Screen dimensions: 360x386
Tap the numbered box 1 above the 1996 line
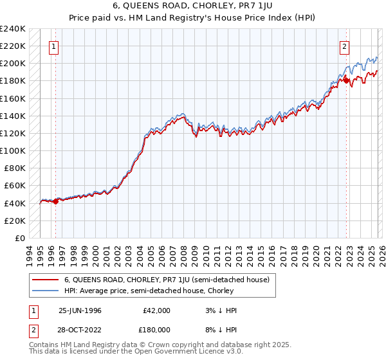coord(53,46)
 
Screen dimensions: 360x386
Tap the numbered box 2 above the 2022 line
coord(345,46)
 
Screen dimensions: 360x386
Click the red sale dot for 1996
coord(55,201)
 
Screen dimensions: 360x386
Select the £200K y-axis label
coord(13,63)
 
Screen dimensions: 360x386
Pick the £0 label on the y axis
coord(19,238)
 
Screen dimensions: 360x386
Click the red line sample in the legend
coord(45,280)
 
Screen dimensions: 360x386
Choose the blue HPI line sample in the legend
coord(45,291)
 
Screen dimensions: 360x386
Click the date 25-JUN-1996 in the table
coord(80,310)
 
